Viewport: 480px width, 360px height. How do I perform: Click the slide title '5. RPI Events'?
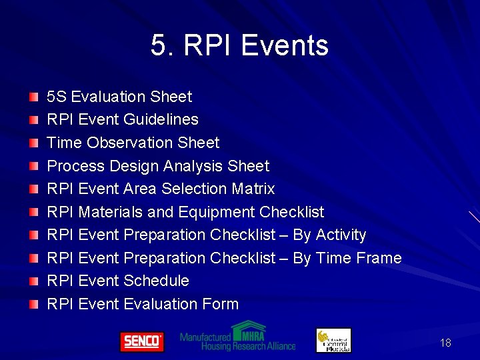click(239, 46)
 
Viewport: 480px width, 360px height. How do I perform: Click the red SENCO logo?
click(141, 341)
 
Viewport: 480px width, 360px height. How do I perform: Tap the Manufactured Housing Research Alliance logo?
click(237, 337)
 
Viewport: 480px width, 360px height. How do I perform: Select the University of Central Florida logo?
click(333, 340)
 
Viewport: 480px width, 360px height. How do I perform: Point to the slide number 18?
click(445, 343)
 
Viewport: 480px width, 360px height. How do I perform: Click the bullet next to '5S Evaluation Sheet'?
click(33, 98)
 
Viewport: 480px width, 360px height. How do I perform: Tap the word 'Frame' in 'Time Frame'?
click(378, 258)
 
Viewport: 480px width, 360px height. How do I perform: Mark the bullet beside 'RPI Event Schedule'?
click(33, 282)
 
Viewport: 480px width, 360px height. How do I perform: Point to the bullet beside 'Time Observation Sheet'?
click(33, 144)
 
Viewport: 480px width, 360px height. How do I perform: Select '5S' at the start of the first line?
click(56, 97)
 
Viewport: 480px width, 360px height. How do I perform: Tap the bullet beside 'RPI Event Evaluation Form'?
click(33, 305)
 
